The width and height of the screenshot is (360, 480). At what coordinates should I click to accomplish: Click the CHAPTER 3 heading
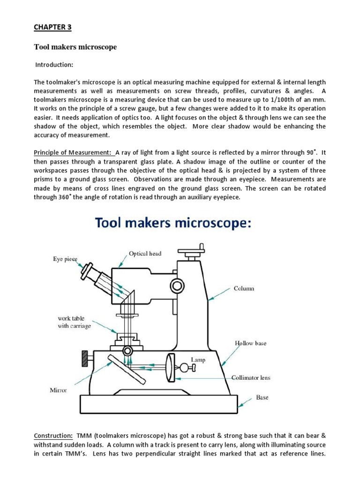coord(52,27)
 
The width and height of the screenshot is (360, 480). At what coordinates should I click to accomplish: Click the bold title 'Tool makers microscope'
coord(75,47)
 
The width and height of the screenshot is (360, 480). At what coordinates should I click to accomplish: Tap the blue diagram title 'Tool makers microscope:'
coord(174,223)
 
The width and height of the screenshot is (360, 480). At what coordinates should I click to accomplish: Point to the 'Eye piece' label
coord(64,258)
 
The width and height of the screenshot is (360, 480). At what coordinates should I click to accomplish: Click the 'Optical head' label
coord(145,254)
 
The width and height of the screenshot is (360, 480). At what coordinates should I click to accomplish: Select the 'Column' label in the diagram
coord(244,288)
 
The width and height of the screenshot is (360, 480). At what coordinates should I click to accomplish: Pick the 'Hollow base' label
coord(250,343)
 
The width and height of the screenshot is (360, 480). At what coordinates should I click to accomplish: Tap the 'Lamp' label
coord(198,359)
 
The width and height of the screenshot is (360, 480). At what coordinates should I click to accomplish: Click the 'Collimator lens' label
coord(251,377)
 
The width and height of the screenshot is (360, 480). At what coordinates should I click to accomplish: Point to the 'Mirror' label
coord(59,390)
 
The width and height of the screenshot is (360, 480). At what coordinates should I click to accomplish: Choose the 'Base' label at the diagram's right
coord(262,397)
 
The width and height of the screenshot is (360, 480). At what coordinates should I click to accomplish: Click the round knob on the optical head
coord(177,285)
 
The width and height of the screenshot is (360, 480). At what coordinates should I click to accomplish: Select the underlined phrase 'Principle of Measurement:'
coord(73,152)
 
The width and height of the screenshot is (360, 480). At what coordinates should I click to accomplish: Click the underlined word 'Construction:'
coord(53,436)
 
